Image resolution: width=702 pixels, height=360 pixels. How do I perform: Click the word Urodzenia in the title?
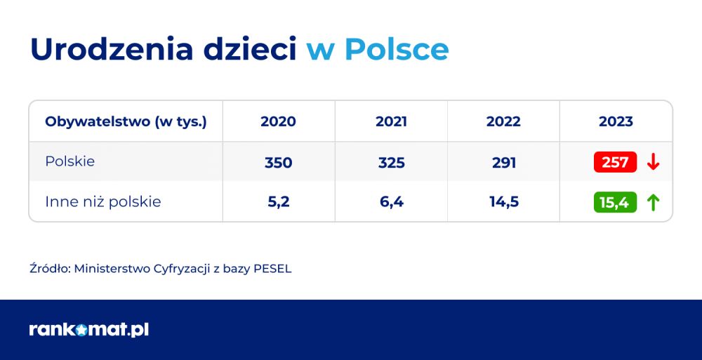[112, 49]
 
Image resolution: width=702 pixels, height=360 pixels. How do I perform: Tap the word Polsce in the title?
[397, 49]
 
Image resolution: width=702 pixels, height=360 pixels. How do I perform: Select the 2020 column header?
[278, 122]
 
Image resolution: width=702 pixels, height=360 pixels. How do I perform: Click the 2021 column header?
[391, 122]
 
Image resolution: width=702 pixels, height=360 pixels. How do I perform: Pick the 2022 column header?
[503, 122]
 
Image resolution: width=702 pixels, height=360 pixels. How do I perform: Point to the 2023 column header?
[616, 122]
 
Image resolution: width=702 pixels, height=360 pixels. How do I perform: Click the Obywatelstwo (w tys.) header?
[126, 122]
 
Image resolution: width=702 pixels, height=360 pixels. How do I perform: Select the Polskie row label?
[69, 161]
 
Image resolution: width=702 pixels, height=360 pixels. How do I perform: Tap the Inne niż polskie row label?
[103, 201]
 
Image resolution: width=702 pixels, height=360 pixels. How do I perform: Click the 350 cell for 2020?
[278, 163]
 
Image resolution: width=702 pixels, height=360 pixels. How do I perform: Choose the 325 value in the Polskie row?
[391, 163]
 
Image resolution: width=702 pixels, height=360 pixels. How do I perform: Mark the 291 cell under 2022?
[503, 163]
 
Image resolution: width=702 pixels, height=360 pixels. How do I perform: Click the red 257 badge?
[615, 162]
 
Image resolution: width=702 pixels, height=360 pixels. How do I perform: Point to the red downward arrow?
[653, 162]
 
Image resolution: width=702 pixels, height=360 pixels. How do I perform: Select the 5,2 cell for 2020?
[278, 202]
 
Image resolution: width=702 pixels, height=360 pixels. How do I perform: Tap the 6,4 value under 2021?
[391, 202]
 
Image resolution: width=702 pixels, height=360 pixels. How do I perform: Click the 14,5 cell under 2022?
[503, 202]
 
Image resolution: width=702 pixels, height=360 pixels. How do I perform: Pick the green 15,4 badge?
[615, 202]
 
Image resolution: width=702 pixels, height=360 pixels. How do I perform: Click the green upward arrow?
[653, 202]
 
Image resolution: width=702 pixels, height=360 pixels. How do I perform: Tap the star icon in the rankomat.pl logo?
[81, 331]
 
